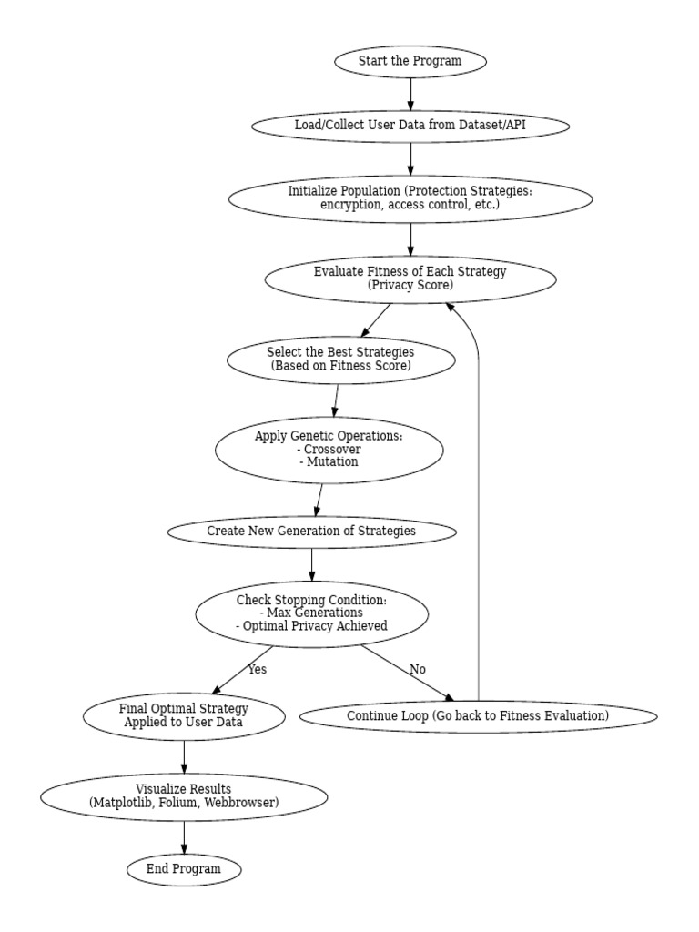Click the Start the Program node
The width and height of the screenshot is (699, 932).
(410, 62)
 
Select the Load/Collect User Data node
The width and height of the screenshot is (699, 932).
(410, 126)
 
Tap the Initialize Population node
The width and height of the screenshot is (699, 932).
(410, 198)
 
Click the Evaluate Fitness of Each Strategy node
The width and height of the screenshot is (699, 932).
(410, 279)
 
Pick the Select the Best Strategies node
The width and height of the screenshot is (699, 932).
(340, 360)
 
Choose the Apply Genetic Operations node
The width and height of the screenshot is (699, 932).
(329, 449)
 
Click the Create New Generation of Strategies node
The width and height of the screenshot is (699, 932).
(311, 531)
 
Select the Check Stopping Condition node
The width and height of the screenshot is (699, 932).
(311, 613)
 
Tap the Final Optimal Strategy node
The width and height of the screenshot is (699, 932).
(184, 715)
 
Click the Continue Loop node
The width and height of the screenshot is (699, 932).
(478, 716)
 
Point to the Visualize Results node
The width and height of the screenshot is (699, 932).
(184, 796)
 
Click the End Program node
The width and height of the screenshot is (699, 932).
(184, 869)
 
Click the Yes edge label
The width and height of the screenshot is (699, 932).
(257, 670)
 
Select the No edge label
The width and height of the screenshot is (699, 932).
(417, 670)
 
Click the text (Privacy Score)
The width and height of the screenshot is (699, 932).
(410, 286)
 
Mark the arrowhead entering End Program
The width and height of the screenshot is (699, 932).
(184, 849)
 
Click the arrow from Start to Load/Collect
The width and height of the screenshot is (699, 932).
(410, 94)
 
